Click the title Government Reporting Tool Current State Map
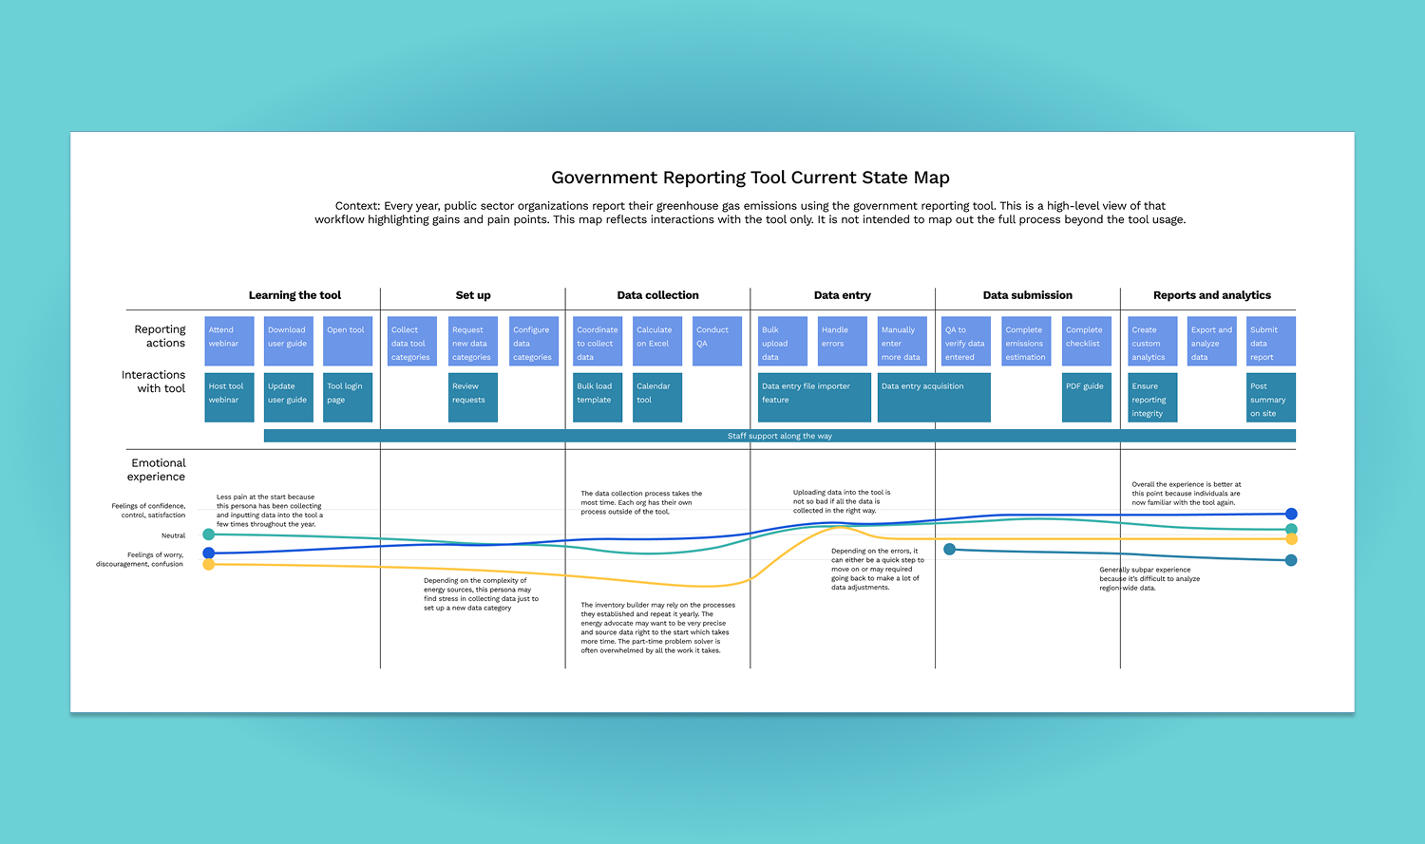coord(750,178)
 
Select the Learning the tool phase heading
coord(294,295)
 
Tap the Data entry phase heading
coord(842,295)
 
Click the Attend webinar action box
coord(229,341)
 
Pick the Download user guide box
coord(288,341)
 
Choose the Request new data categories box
coord(473,341)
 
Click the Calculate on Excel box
coord(657,341)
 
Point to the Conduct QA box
coord(716,341)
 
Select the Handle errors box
coord(842,341)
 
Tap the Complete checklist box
coord(1086,341)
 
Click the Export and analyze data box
coord(1212,341)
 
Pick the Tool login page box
coord(348,397)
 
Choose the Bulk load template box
coord(598,397)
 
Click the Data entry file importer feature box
coord(814,397)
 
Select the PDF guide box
coord(1086,397)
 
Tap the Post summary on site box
coord(1270,397)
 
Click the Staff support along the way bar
coord(779,436)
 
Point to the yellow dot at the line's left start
coord(209,565)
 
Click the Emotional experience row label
coord(158,470)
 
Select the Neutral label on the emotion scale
coord(173,535)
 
